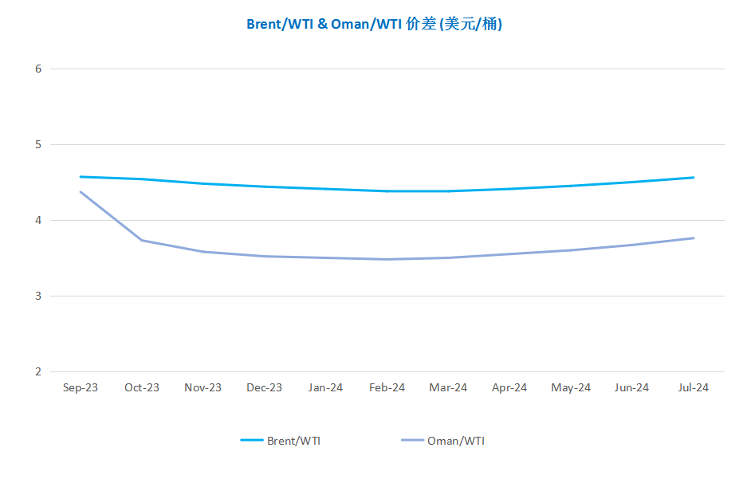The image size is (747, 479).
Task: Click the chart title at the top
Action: pyautogui.click(x=373, y=24)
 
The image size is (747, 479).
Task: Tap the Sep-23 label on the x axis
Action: pyautogui.click(x=81, y=387)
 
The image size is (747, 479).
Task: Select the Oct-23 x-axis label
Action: pyautogui.click(x=142, y=387)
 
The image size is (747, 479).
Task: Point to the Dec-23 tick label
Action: pyautogui.click(x=264, y=387)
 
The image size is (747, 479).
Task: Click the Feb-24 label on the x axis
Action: pyautogui.click(x=387, y=387)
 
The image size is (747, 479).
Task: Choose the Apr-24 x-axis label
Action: pyautogui.click(x=509, y=387)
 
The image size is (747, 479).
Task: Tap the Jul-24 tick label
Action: pyautogui.click(x=693, y=387)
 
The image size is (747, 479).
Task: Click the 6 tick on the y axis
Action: pyautogui.click(x=38, y=69)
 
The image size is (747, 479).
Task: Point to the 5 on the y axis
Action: pyautogui.click(x=38, y=144)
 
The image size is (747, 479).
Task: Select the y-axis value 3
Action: pyautogui.click(x=38, y=296)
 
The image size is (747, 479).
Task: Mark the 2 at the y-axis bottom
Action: pyautogui.click(x=38, y=371)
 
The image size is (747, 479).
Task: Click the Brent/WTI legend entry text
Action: pyautogui.click(x=294, y=441)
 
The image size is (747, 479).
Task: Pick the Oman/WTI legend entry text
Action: pyautogui.click(x=456, y=441)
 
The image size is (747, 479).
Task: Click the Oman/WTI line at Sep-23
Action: pyautogui.click(x=81, y=191)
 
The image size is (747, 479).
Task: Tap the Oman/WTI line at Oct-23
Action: pyautogui.click(x=142, y=240)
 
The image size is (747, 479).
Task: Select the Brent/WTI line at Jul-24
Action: pyautogui.click(x=693, y=178)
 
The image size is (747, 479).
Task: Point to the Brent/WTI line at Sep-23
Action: pyautogui.click(x=81, y=177)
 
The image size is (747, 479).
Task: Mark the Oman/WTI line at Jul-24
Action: pyautogui.click(x=693, y=238)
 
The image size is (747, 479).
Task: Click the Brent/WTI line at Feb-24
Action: pyautogui.click(x=387, y=191)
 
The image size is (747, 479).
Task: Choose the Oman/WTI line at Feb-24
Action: pyautogui.click(x=387, y=259)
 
